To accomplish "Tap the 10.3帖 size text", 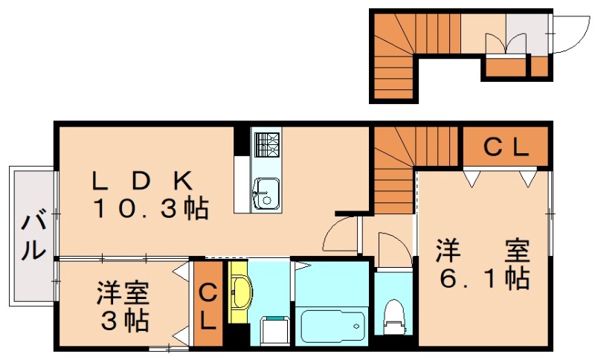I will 149,209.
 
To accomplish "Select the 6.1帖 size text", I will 483,279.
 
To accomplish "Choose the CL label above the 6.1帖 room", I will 506,148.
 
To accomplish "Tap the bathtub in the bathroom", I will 332,326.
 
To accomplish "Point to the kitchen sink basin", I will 265,194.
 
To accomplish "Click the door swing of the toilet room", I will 390,248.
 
